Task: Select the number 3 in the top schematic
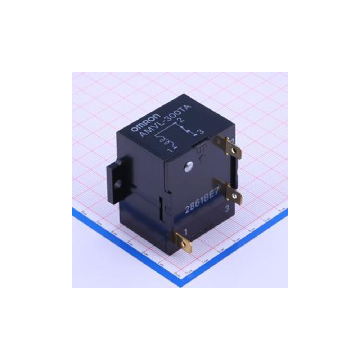[x=201, y=132]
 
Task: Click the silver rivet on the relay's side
[x=187, y=166]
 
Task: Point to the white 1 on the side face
[x=186, y=231]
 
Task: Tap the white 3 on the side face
[x=227, y=208]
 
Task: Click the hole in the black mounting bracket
[x=117, y=184]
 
